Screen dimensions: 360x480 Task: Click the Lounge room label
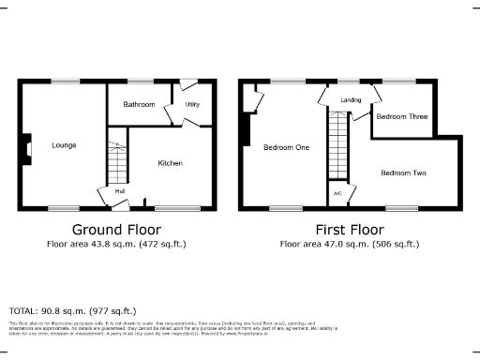coord(65,145)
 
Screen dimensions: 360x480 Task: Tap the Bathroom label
coord(140,104)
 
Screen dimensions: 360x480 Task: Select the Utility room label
coord(194,104)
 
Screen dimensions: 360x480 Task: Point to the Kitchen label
coord(170,163)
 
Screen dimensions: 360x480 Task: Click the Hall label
coord(120,191)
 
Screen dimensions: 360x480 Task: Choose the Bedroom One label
coord(287,147)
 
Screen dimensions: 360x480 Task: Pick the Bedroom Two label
coord(404,172)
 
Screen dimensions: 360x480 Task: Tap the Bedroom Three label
coord(402,117)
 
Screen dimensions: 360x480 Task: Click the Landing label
coord(352,99)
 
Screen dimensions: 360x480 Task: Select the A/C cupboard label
coord(337,193)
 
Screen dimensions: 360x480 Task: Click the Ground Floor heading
coord(116,230)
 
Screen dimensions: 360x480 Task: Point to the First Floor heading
coord(350,230)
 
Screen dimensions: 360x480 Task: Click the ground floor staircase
coord(116,163)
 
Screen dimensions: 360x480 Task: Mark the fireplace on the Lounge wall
coord(26,146)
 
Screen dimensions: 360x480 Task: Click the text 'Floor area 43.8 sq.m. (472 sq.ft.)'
coord(116,245)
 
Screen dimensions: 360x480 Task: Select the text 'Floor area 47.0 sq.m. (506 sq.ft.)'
coord(350,245)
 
